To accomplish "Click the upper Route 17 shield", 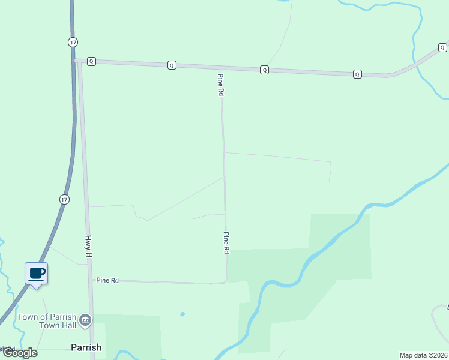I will (x=73, y=41).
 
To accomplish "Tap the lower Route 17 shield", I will (x=64, y=199).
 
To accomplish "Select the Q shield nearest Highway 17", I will (x=91, y=61).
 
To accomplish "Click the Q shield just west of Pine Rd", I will (x=172, y=65).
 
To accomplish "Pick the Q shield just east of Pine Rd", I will (x=264, y=70).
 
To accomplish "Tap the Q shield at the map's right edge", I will (x=442, y=47).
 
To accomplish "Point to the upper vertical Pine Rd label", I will (x=221, y=85).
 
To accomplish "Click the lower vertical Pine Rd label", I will (x=227, y=243).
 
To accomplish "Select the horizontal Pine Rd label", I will (x=107, y=280).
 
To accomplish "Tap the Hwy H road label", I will (x=89, y=246).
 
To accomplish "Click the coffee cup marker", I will (x=36, y=274).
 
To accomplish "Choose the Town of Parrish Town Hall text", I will (x=47, y=321).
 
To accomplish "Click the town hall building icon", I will (x=85, y=319).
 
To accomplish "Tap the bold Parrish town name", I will (x=86, y=347).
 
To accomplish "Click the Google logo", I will (x=20, y=353).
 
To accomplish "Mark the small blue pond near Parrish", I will (x=182, y=314).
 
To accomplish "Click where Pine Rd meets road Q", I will (x=221, y=68).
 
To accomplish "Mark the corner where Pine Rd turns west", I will (x=226, y=281).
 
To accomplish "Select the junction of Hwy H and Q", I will (x=79, y=61).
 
